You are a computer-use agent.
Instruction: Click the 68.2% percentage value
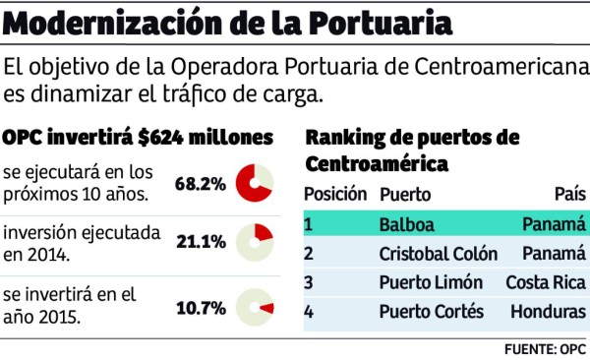201,184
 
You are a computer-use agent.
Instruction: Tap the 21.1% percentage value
201,241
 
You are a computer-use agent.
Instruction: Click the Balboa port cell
406,224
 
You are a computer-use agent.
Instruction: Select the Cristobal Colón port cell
439,254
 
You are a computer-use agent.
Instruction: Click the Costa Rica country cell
546,283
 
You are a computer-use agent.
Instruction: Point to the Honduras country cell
548,312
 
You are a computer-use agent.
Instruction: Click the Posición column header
335,194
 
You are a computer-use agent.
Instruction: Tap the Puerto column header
404,194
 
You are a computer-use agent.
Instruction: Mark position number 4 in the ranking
308,312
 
